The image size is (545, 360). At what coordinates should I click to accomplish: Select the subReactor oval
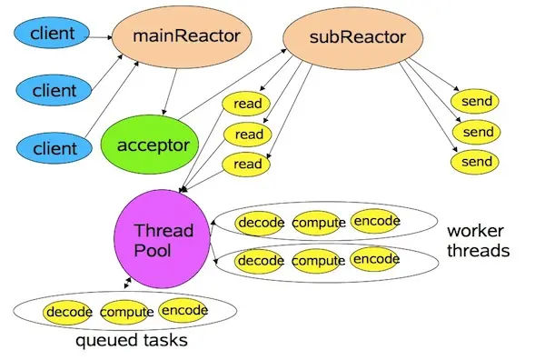point(343,38)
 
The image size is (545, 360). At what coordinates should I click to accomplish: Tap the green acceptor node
point(159,145)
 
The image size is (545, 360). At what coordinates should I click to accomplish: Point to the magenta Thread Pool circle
point(160,240)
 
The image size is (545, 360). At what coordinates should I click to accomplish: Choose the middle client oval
point(55,91)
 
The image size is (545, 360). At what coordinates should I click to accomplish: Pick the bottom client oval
point(55,146)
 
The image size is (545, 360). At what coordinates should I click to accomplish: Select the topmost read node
point(248,104)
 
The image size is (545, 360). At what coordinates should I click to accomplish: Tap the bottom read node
point(248,164)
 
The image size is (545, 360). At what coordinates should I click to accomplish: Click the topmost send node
point(478,100)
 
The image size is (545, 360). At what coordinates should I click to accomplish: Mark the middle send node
point(478,132)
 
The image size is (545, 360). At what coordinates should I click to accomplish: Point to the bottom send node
point(478,162)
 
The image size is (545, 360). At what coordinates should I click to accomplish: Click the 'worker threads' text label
point(477,240)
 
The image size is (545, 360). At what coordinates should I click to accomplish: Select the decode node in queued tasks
point(69,313)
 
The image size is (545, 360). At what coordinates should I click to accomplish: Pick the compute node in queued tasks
point(126,313)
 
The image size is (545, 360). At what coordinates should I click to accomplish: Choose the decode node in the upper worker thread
point(262,223)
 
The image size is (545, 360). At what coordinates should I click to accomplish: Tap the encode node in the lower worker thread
point(375,259)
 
